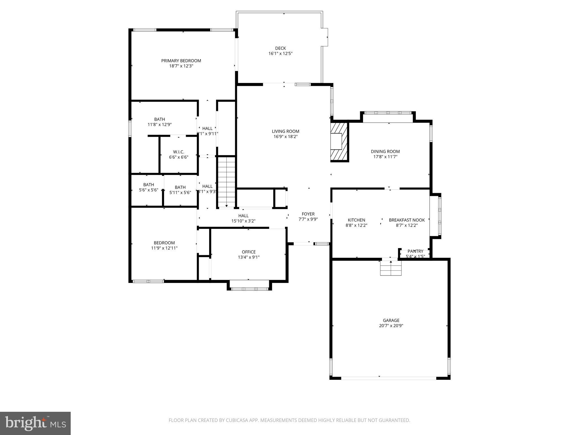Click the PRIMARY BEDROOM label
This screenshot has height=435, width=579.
(181, 61)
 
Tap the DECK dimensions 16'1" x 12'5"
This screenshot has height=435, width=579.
(280, 54)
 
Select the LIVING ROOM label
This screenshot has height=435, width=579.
(285, 131)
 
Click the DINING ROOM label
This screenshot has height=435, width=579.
(385, 152)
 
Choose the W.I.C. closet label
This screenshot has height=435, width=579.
(178, 152)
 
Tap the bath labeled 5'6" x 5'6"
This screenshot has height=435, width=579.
(148, 187)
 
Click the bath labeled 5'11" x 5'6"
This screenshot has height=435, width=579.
(180, 190)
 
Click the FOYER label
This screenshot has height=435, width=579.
(308, 214)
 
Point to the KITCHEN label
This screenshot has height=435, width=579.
(356, 220)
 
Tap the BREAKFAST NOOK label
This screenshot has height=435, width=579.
(407, 220)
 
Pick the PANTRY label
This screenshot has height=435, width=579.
(415, 251)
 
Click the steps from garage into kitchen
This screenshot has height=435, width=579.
(390, 268)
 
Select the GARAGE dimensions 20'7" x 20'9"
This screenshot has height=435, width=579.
(391, 326)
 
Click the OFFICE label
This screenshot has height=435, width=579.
(249, 252)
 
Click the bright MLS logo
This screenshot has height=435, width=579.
(35, 423)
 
